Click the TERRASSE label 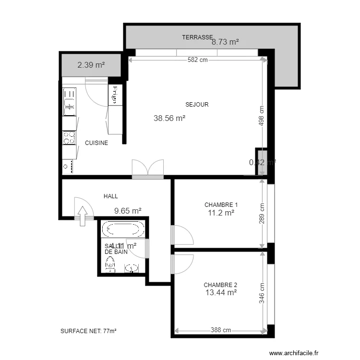[x=197, y=37]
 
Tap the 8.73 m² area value [x=225, y=42]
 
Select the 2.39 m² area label [x=91, y=65]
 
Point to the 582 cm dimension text [x=197, y=60]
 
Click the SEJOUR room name [x=197, y=104]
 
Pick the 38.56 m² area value [x=169, y=118]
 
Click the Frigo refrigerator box [x=115, y=95]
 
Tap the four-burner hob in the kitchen [x=69, y=138]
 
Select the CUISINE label [x=96, y=143]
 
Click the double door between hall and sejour [x=148, y=169]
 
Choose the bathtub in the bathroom [x=124, y=229]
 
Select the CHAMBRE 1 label [x=221, y=204]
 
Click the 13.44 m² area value [x=220, y=292]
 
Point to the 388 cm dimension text [x=220, y=330]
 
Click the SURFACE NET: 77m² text [x=89, y=331]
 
